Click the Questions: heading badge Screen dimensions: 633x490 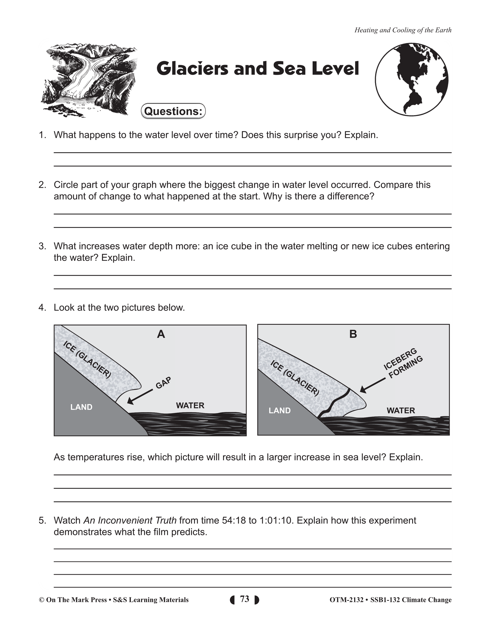[x=173, y=111]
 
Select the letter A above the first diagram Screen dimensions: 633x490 [x=161, y=334]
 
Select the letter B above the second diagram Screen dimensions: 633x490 [x=353, y=334]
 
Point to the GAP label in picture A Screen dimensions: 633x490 [x=163, y=383]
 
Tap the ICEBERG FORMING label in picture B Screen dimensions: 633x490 [x=403, y=363]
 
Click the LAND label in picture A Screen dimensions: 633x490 [x=81, y=407]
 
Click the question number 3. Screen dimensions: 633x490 [x=42, y=246]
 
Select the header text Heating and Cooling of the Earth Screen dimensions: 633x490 [x=403, y=30]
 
